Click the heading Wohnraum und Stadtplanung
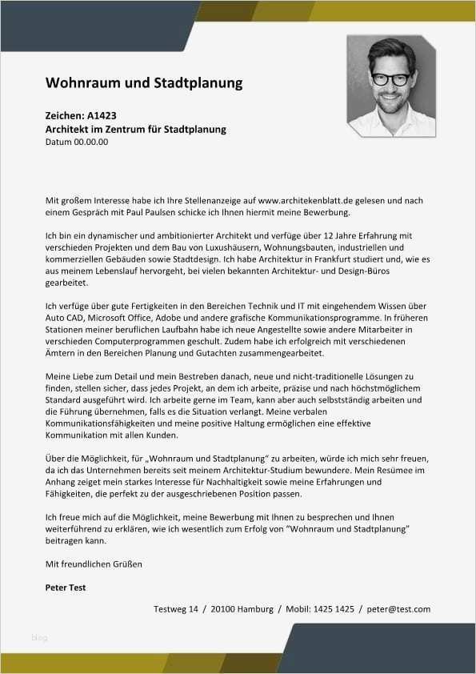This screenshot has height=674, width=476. coord(144,83)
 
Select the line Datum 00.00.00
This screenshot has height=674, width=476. coord(77,142)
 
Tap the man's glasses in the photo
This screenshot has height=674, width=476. coord(391,78)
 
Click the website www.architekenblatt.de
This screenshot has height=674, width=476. coord(306,200)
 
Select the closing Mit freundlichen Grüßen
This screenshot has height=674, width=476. coord(94,564)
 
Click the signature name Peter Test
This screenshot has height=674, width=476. coord(66,588)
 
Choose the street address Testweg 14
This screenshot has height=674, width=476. coord(175,609)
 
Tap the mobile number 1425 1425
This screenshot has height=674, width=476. coord(334,609)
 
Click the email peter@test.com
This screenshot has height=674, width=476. coord(398,609)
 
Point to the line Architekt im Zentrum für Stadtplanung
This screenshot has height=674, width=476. coord(136,129)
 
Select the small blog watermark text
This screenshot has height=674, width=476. coord(39,638)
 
